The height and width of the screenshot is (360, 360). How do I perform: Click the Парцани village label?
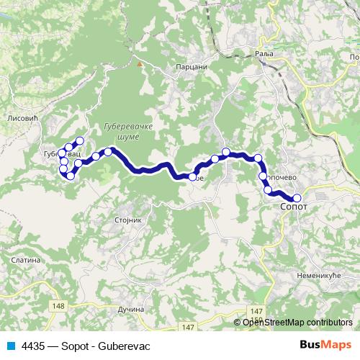(x=191, y=66)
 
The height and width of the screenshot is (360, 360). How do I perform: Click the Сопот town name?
(x=294, y=206)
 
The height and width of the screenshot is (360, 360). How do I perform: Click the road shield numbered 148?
(x=59, y=306)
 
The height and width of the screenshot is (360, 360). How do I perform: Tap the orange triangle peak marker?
(x=140, y=63)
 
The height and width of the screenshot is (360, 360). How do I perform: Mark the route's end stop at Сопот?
(x=297, y=198)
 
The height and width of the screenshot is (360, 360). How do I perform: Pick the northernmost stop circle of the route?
(x=79, y=141)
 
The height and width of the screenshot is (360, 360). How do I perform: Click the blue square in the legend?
(x=10, y=346)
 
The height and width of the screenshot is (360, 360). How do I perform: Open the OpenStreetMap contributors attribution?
(x=297, y=322)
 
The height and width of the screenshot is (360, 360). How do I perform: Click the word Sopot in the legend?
(x=76, y=346)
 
